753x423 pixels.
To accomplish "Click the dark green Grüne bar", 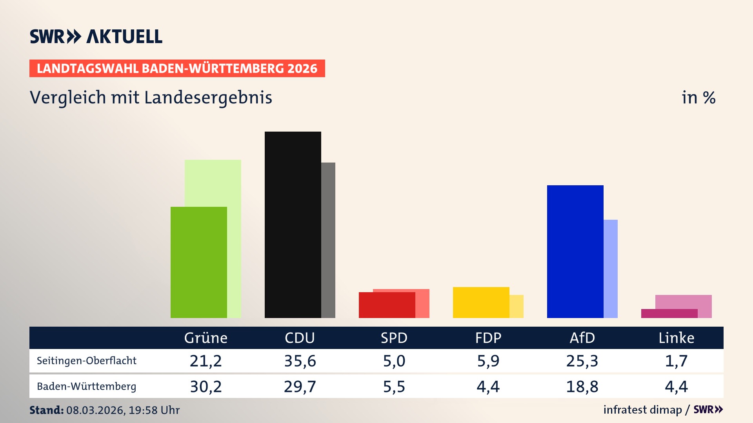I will tap(198, 262).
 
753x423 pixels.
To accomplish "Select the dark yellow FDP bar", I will tap(481, 302).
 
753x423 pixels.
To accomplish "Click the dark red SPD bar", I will tap(387, 305).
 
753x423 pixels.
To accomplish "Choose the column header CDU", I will tap(300, 338).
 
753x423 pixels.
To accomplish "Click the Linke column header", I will tap(676, 338).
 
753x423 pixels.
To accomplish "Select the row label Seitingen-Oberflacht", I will tap(87, 361).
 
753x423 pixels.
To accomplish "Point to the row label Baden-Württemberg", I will tap(87, 387).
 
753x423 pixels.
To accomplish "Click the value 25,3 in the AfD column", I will tap(582, 361).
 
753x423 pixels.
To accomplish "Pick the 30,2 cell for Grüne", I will tap(206, 387).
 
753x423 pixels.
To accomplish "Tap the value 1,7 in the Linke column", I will tap(676, 361).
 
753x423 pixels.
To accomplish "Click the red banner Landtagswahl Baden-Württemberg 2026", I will tap(177, 69).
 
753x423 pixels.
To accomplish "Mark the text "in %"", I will tap(698, 98).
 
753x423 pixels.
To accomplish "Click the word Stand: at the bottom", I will tap(46, 410).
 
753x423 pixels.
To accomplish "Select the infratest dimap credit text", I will tap(642, 410).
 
